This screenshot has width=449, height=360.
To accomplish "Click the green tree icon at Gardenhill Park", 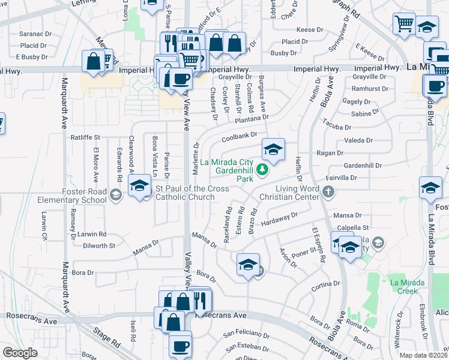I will (x=262, y=171).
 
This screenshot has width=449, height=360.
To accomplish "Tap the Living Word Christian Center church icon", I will (x=328, y=192).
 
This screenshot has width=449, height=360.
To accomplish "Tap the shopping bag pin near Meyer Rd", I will (x=93, y=61).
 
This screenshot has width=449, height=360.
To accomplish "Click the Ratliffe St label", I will (x=85, y=137).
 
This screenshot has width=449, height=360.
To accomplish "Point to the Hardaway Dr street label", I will (x=279, y=218).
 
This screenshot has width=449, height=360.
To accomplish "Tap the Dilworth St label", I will (x=99, y=246).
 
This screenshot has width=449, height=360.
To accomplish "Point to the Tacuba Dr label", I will (x=336, y=127).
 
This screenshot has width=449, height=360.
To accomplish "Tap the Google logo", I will (x=20, y=353).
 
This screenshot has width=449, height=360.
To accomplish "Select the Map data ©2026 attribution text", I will (x=424, y=355).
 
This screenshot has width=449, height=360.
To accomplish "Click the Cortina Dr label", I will (x=325, y=287).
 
